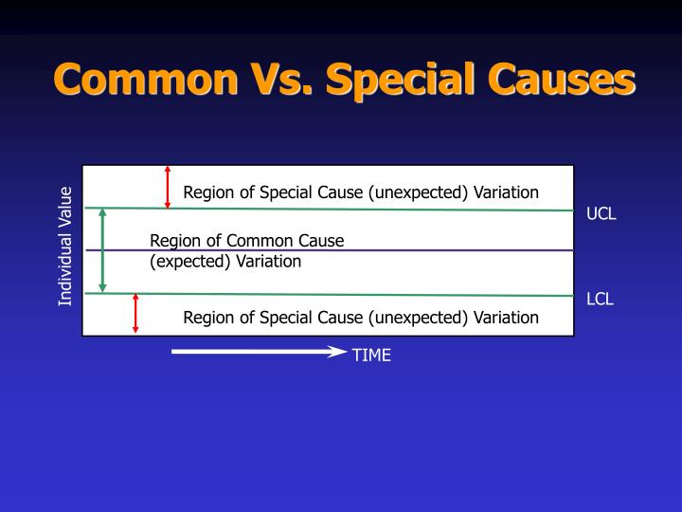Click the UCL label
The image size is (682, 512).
click(x=601, y=213)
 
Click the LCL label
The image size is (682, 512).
click(x=601, y=300)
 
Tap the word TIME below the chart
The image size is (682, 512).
click(x=371, y=356)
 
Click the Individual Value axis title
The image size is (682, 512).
click(x=65, y=247)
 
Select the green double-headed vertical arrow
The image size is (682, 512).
click(x=103, y=250)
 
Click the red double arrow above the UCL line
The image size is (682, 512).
click(x=168, y=187)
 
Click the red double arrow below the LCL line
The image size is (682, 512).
click(x=135, y=313)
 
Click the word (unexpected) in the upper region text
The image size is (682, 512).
click(x=419, y=192)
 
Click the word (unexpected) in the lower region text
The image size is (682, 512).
click(x=419, y=317)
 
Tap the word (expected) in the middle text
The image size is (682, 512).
click(x=190, y=262)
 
